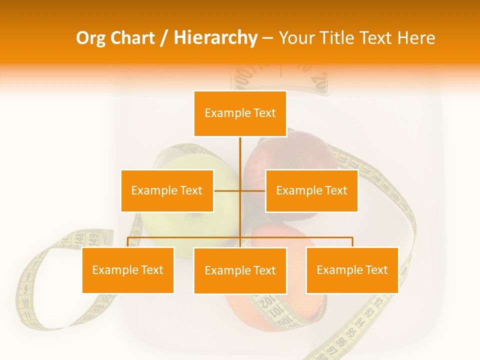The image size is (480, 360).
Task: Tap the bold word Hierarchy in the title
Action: [215, 38]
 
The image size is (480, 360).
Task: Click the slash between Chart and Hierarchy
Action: [164, 38]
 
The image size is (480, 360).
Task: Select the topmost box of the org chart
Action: [240, 113]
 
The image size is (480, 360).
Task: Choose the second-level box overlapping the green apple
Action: [167, 190]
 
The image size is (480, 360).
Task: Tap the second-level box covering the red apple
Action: [311, 190]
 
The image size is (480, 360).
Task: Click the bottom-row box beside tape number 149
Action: [128, 270]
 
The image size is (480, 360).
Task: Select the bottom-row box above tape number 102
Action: [240, 270]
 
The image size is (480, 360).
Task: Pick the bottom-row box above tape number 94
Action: [352, 270]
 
